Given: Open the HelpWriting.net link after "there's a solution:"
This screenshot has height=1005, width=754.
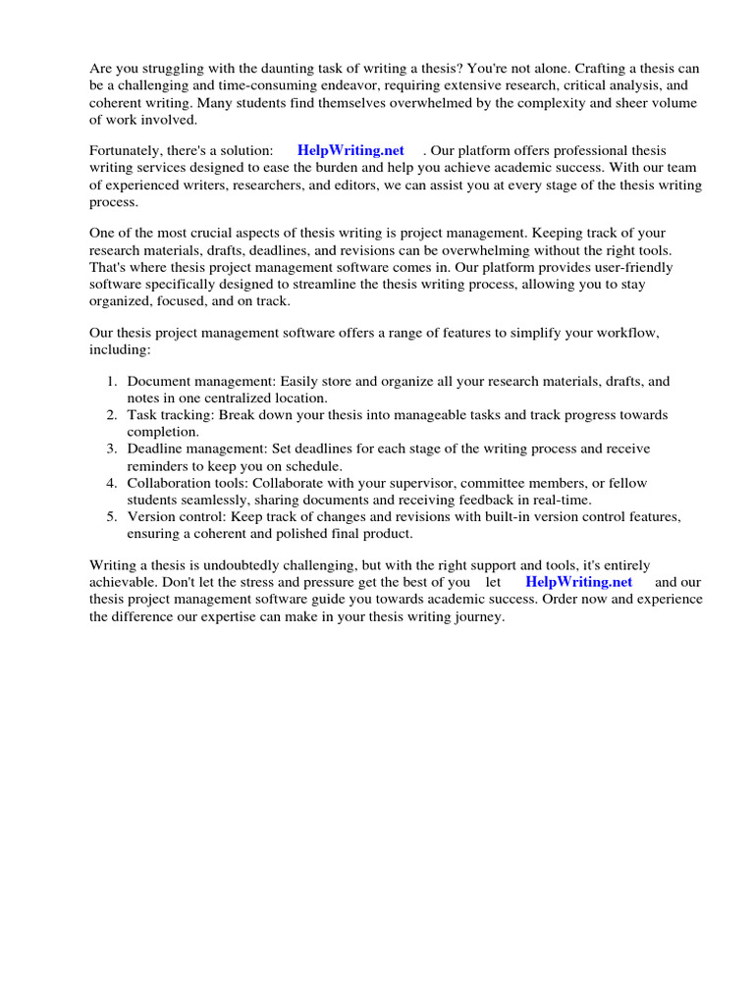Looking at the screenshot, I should [350, 150].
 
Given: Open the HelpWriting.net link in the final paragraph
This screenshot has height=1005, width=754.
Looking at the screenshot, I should [579, 581].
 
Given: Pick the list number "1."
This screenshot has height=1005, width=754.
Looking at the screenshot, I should [112, 381].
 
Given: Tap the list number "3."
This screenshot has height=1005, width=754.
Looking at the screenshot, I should [112, 449].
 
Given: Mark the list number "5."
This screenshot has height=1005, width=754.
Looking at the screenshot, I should [112, 516].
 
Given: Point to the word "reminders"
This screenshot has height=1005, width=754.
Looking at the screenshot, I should [158, 465].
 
